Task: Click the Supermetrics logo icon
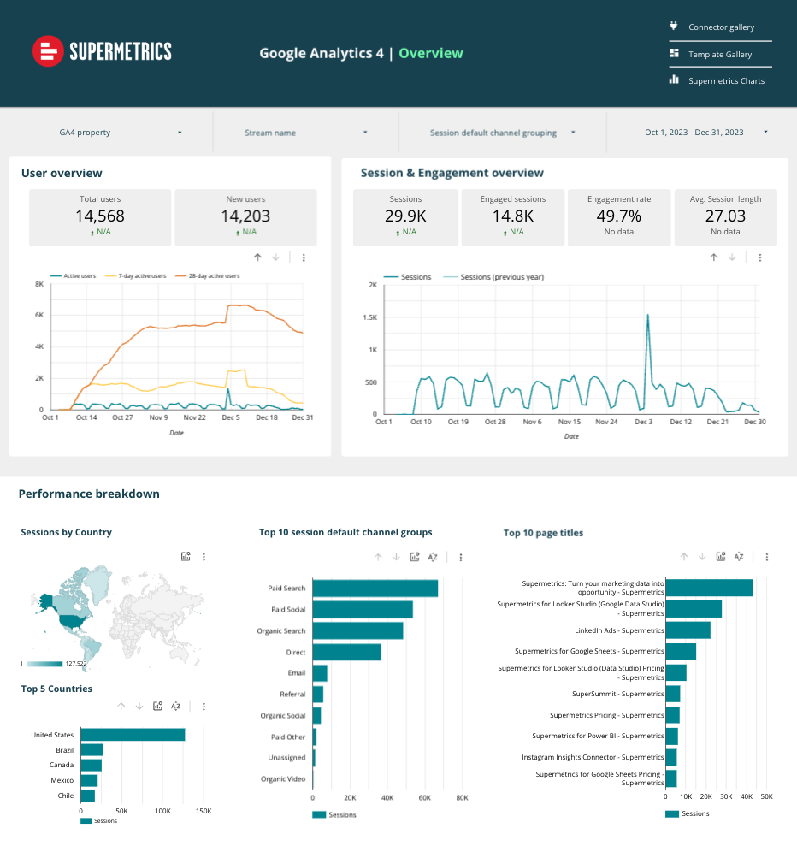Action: click(49, 51)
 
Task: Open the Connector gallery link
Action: click(721, 27)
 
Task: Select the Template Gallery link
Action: click(720, 55)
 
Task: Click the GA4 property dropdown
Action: click(120, 133)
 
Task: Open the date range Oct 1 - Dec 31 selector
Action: click(705, 133)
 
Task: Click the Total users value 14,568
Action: click(100, 216)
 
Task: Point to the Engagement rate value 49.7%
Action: click(619, 216)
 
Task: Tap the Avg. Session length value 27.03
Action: click(725, 216)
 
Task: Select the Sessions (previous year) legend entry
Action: click(501, 277)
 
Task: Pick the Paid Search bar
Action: click(375, 588)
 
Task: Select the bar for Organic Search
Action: click(357, 630)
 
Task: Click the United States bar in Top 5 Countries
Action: click(133, 735)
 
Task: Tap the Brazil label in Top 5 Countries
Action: click(65, 750)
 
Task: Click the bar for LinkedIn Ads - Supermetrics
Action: click(688, 630)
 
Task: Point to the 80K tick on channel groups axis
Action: click(462, 797)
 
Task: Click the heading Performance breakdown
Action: click(89, 494)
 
